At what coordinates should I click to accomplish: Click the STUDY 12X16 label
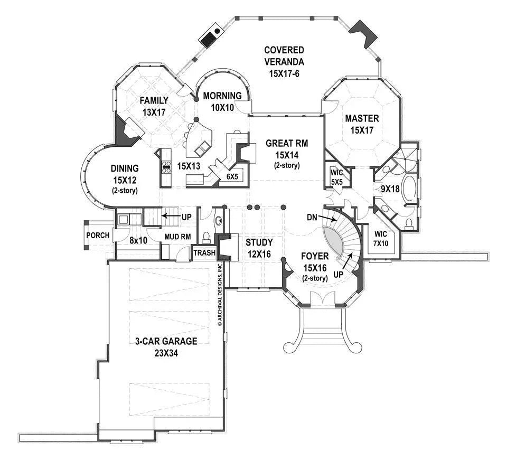click(x=259, y=247)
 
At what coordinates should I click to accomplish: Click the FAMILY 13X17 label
click(x=154, y=106)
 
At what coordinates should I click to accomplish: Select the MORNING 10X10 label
click(x=222, y=100)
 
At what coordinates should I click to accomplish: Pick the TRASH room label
click(x=204, y=253)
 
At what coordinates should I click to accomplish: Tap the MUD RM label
click(x=177, y=237)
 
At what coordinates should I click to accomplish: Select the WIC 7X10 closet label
click(x=380, y=238)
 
